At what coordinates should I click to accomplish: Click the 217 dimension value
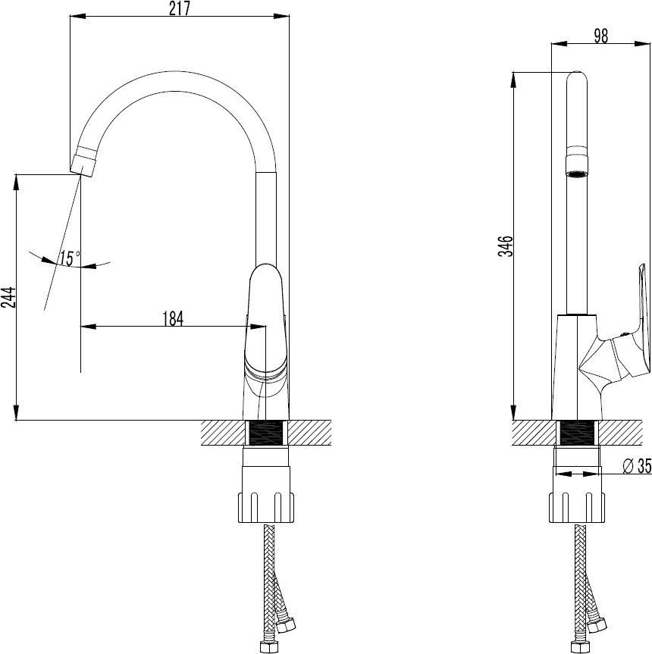coord(180,8)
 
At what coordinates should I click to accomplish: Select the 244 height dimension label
coord(9,297)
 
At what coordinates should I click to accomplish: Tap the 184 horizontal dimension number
coord(173,318)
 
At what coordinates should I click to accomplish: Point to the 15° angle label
coord(69,258)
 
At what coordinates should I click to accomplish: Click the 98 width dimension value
coord(600,36)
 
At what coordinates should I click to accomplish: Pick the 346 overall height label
coord(506,246)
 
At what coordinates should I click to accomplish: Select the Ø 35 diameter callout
coord(637,466)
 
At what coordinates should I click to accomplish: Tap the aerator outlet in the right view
coord(576,167)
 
